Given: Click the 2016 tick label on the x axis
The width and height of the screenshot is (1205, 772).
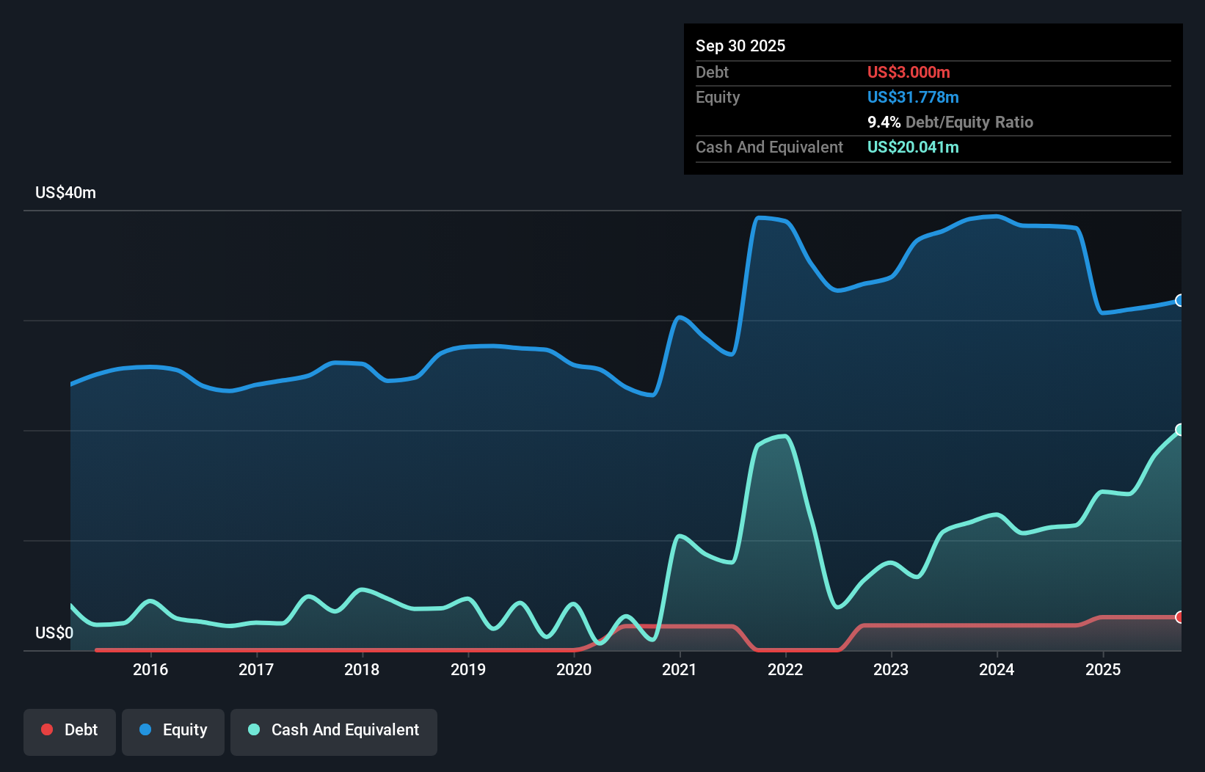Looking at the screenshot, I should click(x=150, y=669).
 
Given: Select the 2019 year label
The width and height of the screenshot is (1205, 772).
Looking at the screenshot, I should click(x=468, y=669).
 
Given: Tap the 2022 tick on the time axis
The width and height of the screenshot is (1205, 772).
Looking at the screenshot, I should click(x=785, y=669).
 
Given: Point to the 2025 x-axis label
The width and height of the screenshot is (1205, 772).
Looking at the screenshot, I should click(x=1103, y=669).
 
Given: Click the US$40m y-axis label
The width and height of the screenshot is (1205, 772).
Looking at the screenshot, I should click(x=65, y=193).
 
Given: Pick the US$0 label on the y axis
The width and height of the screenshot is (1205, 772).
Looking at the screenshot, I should click(x=54, y=633).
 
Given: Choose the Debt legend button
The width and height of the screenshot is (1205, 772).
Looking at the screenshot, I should click(x=70, y=730).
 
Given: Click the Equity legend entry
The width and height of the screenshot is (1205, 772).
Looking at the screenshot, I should click(x=173, y=730).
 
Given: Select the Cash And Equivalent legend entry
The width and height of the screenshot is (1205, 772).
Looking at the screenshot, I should click(x=334, y=730).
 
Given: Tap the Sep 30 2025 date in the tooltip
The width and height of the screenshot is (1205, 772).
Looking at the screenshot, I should click(x=740, y=45).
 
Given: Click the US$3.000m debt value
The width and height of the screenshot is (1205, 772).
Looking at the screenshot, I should click(x=909, y=72).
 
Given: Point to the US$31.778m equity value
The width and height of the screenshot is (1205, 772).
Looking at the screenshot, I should click(x=913, y=97).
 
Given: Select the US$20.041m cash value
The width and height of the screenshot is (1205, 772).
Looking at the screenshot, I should click(x=913, y=147).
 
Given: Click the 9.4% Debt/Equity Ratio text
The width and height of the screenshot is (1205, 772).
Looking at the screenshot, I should click(x=950, y=122).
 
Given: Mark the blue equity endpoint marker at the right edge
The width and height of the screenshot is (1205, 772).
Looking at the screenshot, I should click(x=1180, y=300).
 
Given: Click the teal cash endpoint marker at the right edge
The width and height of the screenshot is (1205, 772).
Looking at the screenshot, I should click(x=1180, y=429).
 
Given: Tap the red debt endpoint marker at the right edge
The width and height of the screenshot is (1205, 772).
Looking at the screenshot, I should click(x=1180, y=617).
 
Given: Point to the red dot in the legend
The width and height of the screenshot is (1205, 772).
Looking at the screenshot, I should click(x=47, y=729).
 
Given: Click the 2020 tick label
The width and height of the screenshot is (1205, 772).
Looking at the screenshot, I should click(x=574, y=669).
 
